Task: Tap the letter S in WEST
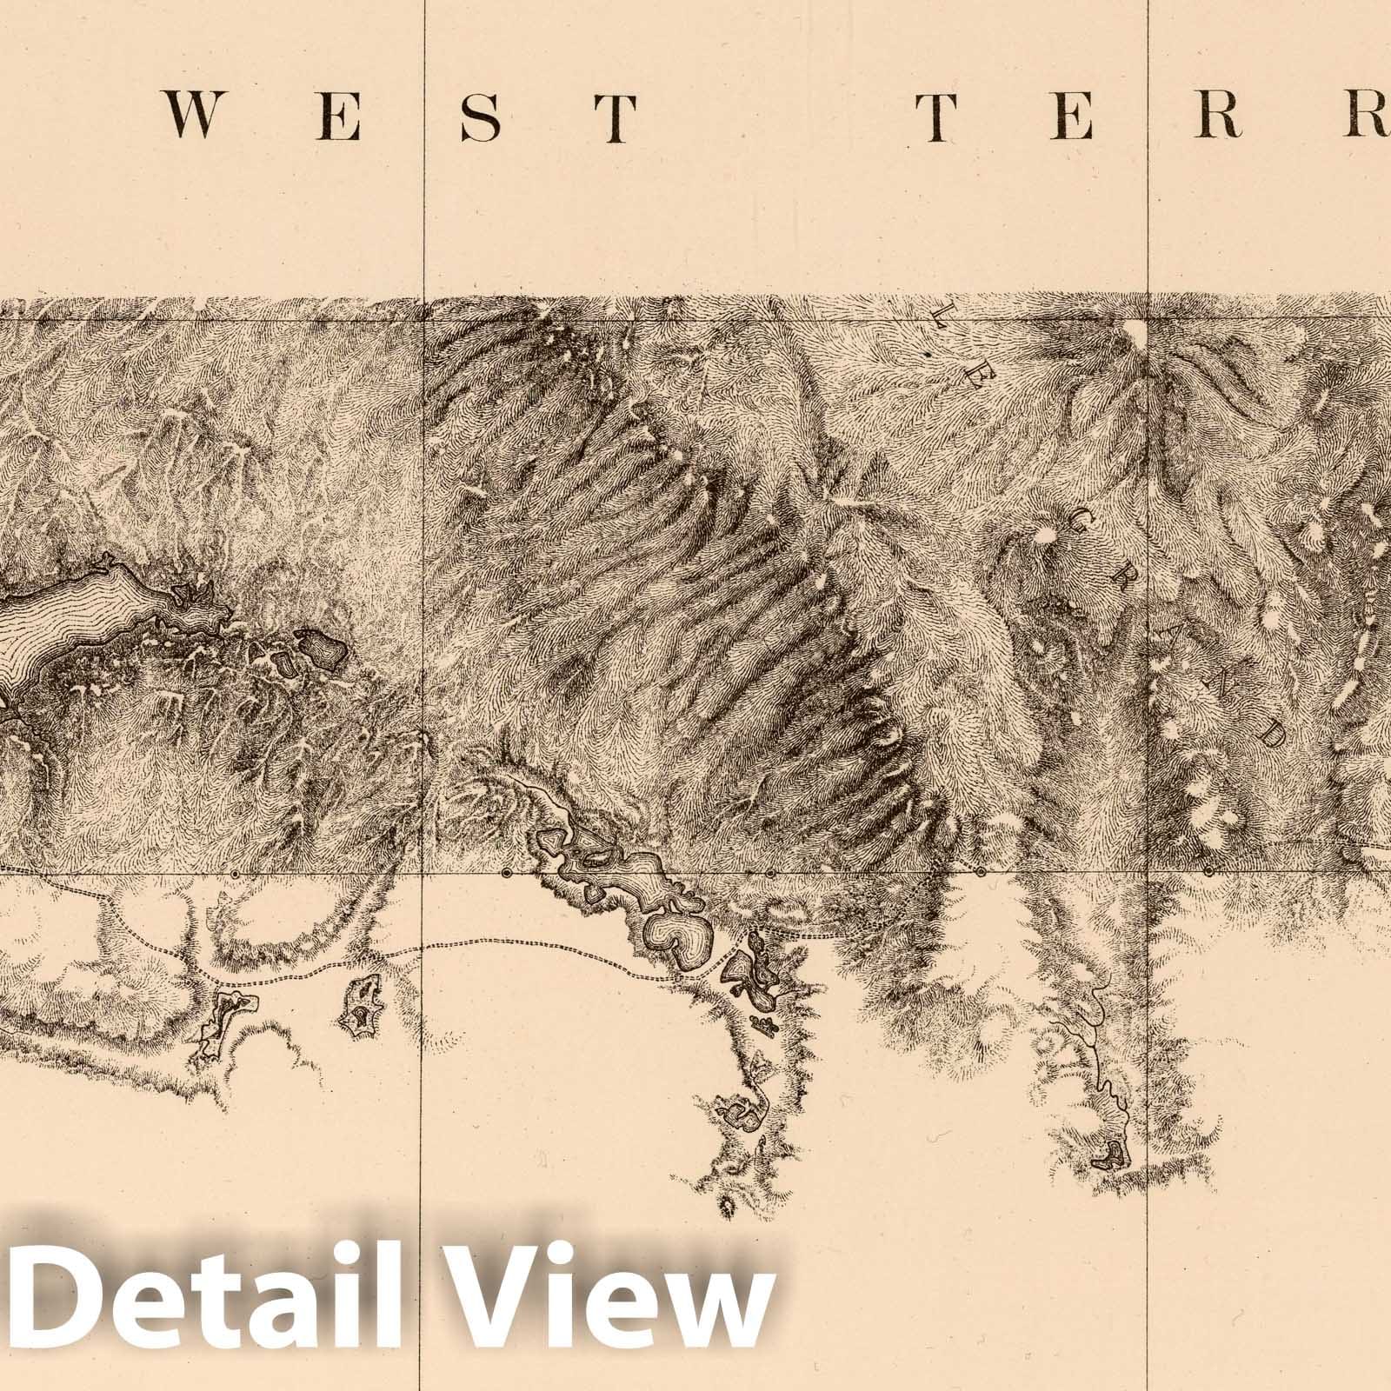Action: coord(481,116)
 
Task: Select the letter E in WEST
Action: coord(341,116)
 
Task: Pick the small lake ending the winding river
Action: coord(1110,1156)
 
